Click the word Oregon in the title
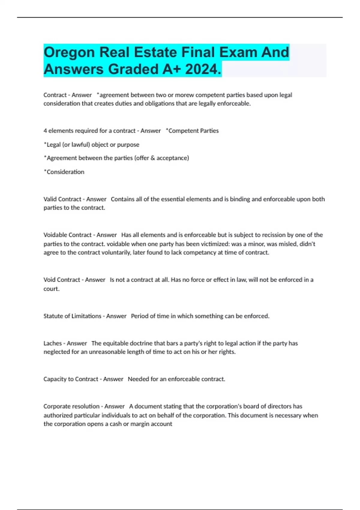coord(69,52)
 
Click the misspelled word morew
coord(183,95)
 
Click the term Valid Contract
coord(62,199)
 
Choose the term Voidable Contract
coord(68,235)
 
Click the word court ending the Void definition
coord(51,289)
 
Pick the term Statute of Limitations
coord(72,316)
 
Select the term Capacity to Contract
coord(70,379)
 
